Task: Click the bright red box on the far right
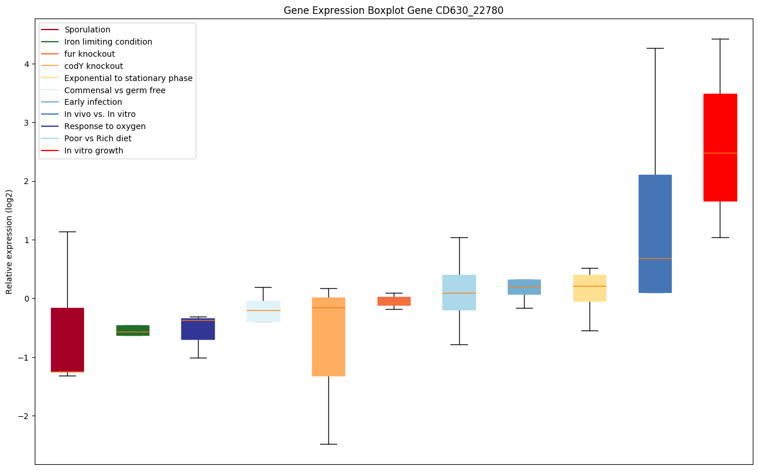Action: pyautogui.click(x=720, y=147)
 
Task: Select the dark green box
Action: pyautogui.click(x=133, y=330)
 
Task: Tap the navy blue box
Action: pyautogui.click(x=198, y=329)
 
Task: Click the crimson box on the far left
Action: pyautogui.click(x=67, y=340)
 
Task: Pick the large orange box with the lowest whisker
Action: pyautogui.click(x=328, y=336)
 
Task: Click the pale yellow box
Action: pyautogui.click(x=589, y=288)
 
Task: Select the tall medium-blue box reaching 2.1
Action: pyautogui.click(x=655, y=233)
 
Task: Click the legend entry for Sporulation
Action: pyautogui.click(x=87, y=30)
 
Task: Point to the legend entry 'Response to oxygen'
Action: pyautogui.click(x=105, y=126)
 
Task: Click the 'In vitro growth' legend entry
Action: pyautogui.click(x=94, y=150)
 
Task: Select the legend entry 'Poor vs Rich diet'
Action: pyautogui.click(x=98, y=138)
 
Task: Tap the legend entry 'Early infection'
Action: pyautogui.click(x=93, y=102)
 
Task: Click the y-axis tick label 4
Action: pyautogui.click(x=25, y=64)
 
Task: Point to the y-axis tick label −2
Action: pyautogui.click(x=23, y=416)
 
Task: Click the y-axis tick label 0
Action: pyautogui.click(x=25, y=298)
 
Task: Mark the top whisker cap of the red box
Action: pyautogui.click(x=720, y=39)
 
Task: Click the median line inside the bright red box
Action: pyautogui.click(x=720, y=153)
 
